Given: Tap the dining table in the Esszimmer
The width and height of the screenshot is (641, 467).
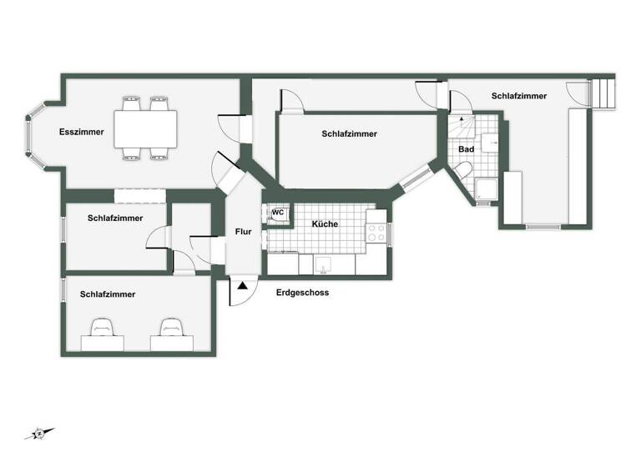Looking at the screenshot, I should [145, 128].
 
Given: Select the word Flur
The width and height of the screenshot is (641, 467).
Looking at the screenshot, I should [243, 232].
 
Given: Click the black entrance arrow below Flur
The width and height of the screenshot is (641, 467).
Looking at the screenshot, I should [242, 286].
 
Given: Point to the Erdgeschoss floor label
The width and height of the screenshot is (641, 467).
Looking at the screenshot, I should [302, 293].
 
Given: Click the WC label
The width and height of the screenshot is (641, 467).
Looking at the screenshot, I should [278, 213].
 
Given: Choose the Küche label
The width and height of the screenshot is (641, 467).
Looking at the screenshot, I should [325, 224].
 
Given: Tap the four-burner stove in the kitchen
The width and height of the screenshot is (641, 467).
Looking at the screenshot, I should [376, 226].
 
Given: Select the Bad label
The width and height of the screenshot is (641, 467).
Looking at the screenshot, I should [467, 149].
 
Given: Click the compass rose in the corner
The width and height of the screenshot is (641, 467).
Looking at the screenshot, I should [39, 433].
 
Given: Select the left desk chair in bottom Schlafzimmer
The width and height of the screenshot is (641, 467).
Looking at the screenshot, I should [103, 328].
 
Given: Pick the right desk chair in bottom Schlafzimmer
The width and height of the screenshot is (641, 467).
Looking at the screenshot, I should [172, 328].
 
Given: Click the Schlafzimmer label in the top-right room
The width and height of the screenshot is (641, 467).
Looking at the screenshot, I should [519, 96].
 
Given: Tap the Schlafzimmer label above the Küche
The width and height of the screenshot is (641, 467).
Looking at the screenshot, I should [349, 133].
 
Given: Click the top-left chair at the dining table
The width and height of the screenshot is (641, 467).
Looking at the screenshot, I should [131, 104].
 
